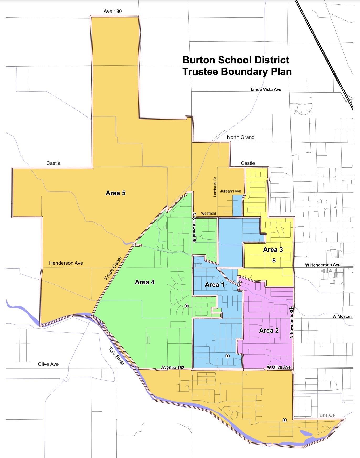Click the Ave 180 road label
[x=113, y=11]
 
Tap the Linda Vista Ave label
[x=266, y=89]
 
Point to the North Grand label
[x=240, y=137]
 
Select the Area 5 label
[x=115, y=193]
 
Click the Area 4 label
[x=145, y=282]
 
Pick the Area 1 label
[x=214, y=285]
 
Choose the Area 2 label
[x=269, y=331]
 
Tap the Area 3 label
[x=273, y=250]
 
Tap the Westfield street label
[x=208, y=214]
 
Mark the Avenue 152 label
[x=172, y=368]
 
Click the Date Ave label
[x=327, y=415]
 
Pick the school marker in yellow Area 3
[x=274, y=260]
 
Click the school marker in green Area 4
[x=187, y=306]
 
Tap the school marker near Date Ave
[x=284, y=420]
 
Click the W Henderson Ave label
[x=322, y=265]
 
